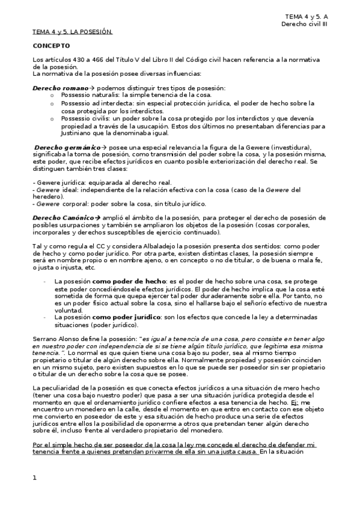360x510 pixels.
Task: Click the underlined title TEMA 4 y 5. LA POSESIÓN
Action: pyautogui.click(x=72, y=32)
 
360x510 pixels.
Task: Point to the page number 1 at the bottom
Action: pyautogui.click(x=35, y=478)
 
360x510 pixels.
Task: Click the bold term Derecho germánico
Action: pyautogui.click(x=59, y=147)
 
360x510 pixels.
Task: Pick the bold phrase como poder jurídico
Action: pyautogui.click(x=123, y=316)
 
